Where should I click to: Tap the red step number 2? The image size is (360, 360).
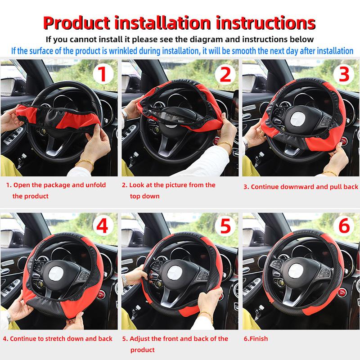225,75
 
